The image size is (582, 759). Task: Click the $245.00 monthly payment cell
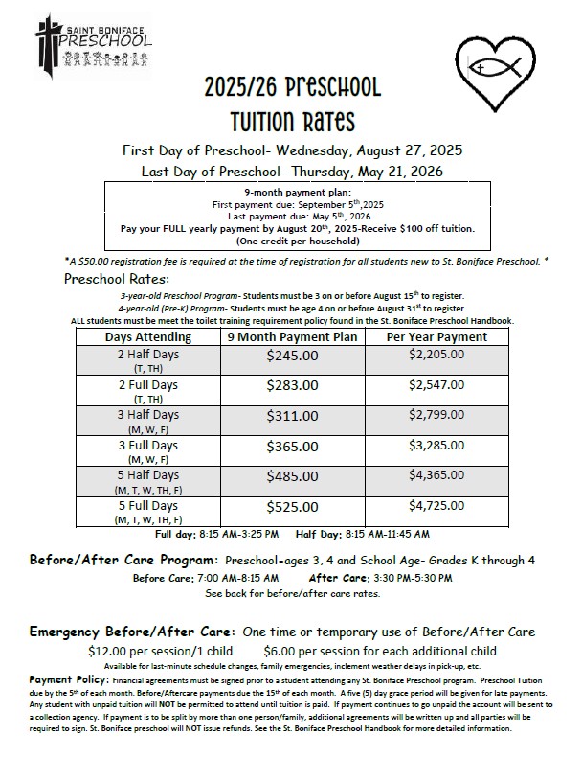(292, 356)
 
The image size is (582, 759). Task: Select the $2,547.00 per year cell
(436, 385)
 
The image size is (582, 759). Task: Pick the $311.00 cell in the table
(292, 417)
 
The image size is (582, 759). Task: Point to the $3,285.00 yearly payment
(436, 446)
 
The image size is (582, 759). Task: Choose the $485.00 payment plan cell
(292, 476)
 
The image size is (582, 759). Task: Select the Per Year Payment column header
(436, 336)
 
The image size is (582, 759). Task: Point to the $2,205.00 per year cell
(436, 355)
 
